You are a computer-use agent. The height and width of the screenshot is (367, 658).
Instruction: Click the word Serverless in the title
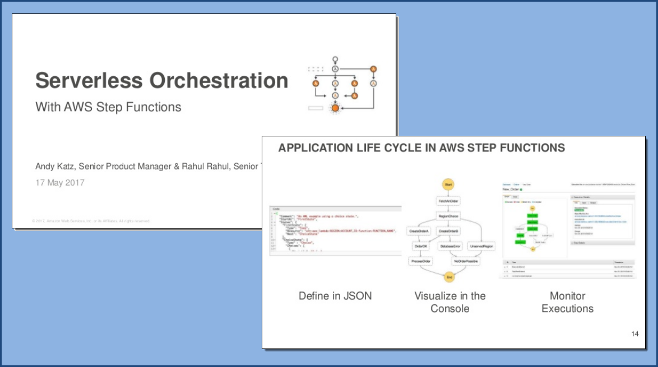click(x=88, y=80)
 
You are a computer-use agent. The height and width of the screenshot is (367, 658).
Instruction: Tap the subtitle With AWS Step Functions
click(x=108, y=107)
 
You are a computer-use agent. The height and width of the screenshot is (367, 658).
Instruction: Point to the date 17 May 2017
click(x=60, y=182)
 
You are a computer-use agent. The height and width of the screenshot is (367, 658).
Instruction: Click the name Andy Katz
click(x=55, y=166)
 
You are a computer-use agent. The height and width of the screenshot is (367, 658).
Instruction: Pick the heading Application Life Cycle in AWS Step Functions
click(x=421, y=148)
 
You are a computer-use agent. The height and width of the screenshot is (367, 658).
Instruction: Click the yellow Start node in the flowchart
click(x=448, y=184)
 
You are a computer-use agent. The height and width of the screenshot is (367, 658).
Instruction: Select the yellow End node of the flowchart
click(x=448, y=277)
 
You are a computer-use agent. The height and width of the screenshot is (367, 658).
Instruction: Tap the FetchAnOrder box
click(x=448, y=200)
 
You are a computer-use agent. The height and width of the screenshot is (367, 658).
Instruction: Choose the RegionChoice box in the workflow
click(x=448, y=216)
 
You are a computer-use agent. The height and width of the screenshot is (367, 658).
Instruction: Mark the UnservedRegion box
click(x=481, y=246)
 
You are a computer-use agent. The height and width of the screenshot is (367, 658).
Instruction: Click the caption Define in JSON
click(x=335, y=296)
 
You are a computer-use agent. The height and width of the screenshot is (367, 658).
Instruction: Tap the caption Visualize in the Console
click(x=450, y=302)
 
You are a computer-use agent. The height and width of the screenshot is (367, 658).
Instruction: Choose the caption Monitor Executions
click(x=567, y=302)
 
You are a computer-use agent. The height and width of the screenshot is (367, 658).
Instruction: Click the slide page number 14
click(x=634, y=334)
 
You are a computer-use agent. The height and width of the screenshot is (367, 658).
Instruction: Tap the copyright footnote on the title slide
click(x=91, y=221)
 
